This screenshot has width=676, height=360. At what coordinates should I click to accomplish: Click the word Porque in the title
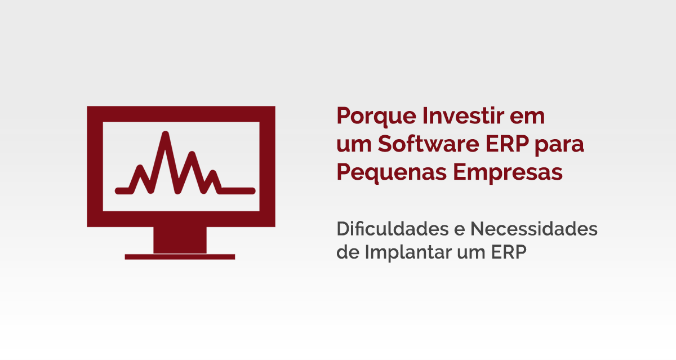coord(377,116)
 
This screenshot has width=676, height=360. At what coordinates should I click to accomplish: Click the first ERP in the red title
coord(508,144)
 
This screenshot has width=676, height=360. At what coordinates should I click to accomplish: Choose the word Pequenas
coord(392,173)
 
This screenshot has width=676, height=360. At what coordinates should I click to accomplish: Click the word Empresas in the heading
coord(508,173)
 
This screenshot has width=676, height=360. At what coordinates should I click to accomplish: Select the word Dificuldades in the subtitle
coord(393,228)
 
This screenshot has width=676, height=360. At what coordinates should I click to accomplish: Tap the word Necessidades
coord(534,229)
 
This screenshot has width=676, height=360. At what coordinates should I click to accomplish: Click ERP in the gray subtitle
coord(509,252)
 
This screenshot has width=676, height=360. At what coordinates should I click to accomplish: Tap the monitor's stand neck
coord(180,240)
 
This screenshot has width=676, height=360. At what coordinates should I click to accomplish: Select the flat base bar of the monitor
coord(180,257)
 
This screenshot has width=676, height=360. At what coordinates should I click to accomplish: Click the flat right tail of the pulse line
coord(237,191)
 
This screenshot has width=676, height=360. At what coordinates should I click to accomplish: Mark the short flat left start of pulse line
coord(124,191)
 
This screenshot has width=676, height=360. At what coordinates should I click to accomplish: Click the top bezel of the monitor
coord(181,114)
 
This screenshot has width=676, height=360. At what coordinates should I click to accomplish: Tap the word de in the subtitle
coord(348,252)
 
